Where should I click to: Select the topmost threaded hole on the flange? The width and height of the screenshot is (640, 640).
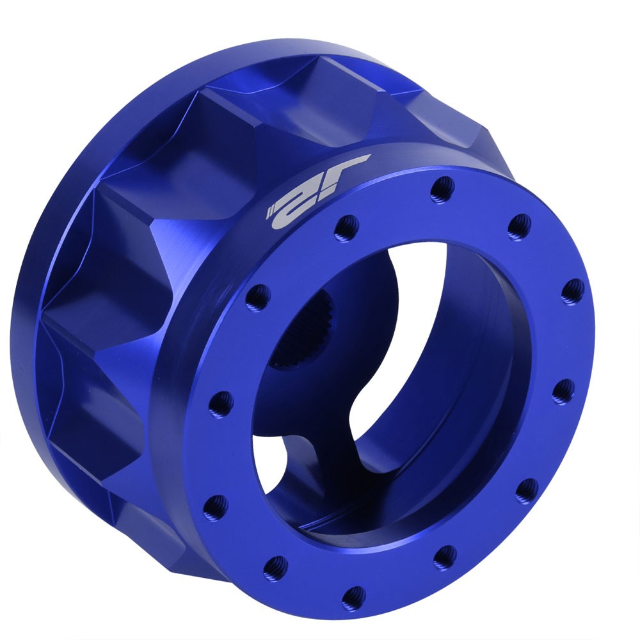point(442,188)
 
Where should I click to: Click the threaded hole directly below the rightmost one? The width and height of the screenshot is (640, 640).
point(563,390)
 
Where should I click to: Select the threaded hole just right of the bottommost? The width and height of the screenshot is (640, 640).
point(444,557)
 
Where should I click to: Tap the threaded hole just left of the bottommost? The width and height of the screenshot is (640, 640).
point(276,565)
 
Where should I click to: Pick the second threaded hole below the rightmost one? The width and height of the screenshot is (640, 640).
point(527,490)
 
